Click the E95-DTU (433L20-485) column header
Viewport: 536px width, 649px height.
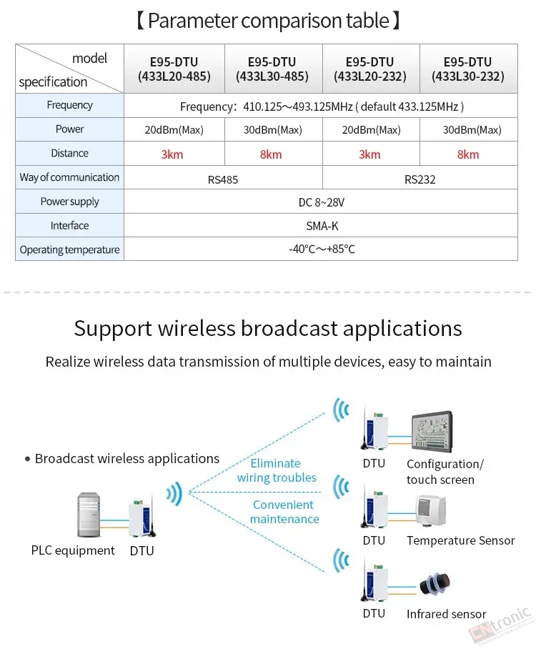point(174,69)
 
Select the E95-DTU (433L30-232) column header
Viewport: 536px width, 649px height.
point(468,69)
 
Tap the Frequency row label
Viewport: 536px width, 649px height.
point(69,105)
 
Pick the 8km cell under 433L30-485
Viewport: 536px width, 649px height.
point(271,154)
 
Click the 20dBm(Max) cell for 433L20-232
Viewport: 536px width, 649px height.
point(371,130)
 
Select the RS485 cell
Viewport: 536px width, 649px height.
point(223,179)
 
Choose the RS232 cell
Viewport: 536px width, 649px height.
point(420,179)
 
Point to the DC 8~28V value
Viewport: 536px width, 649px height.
point(322,202)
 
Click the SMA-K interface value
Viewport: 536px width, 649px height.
point(322,226)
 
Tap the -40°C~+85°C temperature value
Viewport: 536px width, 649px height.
point(322,249)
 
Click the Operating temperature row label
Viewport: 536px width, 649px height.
point(69,250)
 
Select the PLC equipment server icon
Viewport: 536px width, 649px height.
point(89,515)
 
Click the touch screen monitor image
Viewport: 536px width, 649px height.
point(432,432)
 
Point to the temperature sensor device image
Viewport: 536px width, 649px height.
point(430,510)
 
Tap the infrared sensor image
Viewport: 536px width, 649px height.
point(435,584)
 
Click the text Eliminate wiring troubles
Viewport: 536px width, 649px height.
point(277,470)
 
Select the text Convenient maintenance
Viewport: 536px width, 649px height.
point(284,512)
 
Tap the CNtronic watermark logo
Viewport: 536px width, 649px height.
point(501,626)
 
